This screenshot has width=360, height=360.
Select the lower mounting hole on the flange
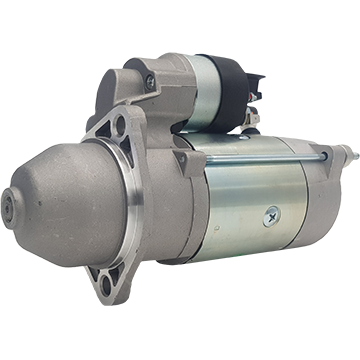pyautogui.click(x=104, y=282)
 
